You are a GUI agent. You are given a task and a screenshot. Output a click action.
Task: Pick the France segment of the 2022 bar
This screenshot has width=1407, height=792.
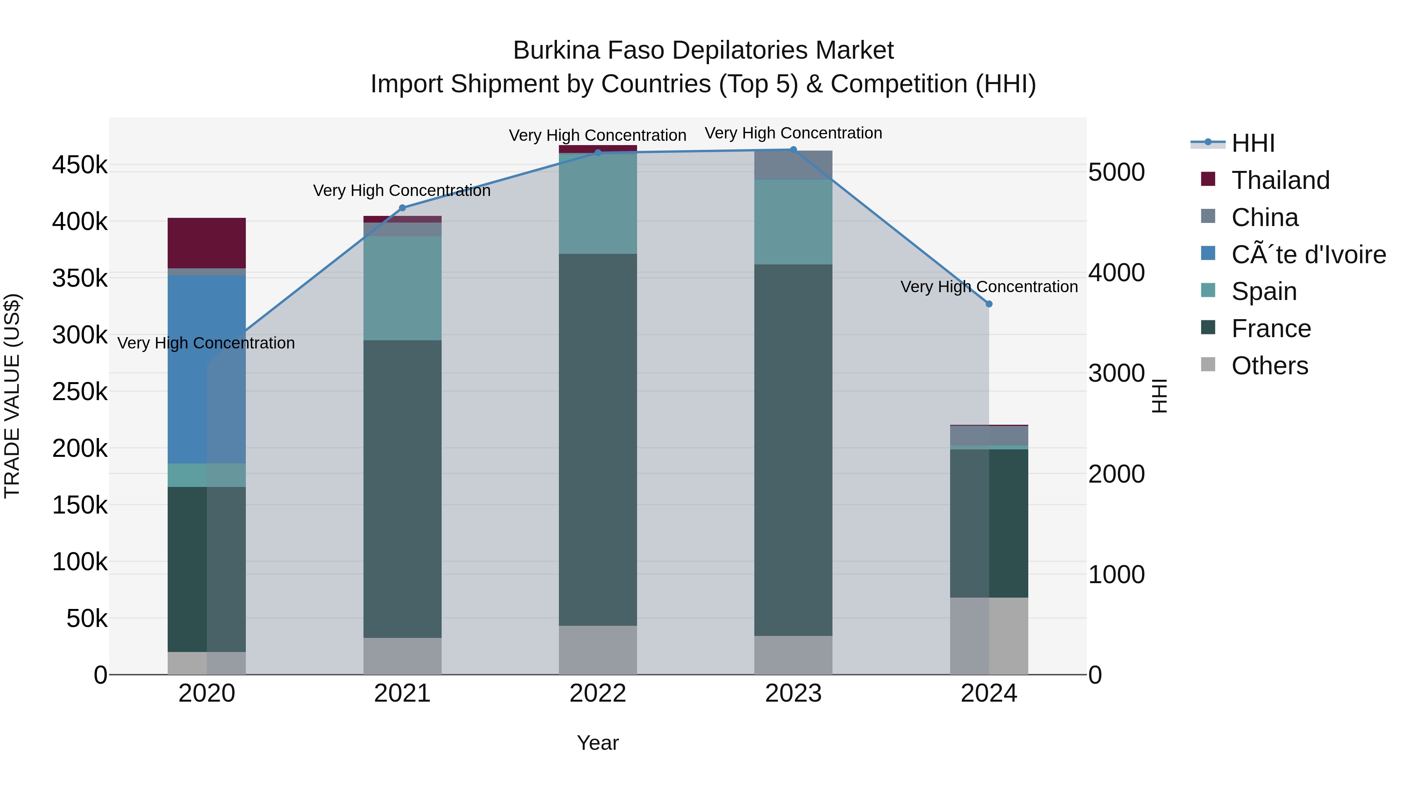tap(598, 440)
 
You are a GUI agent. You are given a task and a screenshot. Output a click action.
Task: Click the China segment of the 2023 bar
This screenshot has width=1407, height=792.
tap(793, 165)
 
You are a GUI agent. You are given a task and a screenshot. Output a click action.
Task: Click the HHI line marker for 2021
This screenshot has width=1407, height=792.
tap(403, 208)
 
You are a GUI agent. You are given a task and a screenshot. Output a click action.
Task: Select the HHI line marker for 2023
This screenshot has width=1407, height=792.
tap(793, 149)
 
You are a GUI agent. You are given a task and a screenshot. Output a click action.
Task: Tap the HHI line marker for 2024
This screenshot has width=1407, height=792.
tap(989, 304)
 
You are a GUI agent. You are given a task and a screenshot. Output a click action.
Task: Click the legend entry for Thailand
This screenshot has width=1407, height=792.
tap(1280, 180)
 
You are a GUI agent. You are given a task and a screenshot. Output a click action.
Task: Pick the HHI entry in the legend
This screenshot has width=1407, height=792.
tap(1253, 143)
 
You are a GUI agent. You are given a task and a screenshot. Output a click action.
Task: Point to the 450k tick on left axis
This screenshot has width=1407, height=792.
tap(80, 165)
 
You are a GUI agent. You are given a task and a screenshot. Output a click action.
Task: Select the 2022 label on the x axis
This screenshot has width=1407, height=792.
tap(598, 693)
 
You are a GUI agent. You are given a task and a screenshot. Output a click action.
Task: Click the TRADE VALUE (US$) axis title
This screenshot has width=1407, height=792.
tap(12, 396)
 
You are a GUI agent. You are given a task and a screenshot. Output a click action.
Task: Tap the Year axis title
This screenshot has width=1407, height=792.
tap(598, 743)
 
